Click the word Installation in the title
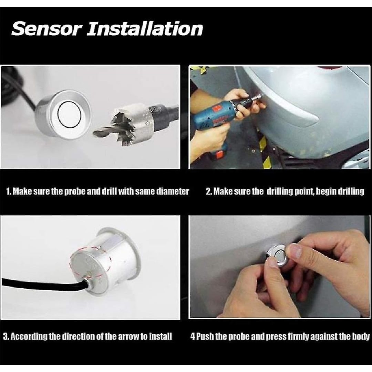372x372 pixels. click(x=144, y=29)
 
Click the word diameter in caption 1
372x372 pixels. click(x=173, y=191)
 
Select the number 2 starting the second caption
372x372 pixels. click(x=208, y=192)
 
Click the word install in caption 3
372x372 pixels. click(x=161, y=336)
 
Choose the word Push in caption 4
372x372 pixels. click(x=205, y=336)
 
